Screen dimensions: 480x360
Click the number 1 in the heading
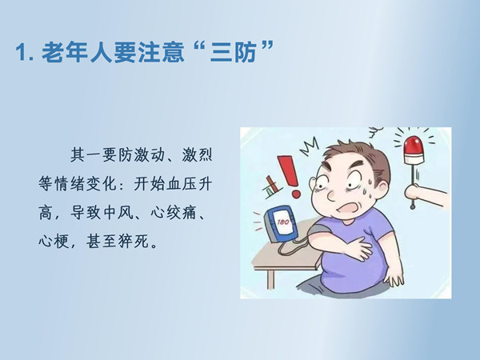(21, 53)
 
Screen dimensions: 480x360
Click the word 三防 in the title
(234, 52)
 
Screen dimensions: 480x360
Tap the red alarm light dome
(414, 146)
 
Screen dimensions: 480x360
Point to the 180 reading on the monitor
(282, 222)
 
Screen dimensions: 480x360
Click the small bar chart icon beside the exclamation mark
(271, 186)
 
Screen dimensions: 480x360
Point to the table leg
(270, 279)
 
